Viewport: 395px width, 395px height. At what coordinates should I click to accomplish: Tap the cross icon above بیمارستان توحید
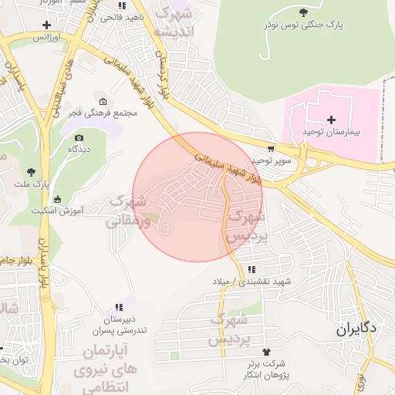(x=332, y=120)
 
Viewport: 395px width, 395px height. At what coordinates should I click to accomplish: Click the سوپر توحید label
(x=272, y=160)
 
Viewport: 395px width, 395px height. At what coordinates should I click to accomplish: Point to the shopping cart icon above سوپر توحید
(x=271, y=149)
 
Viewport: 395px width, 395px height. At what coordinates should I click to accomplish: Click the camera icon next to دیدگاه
(x=79, y=137)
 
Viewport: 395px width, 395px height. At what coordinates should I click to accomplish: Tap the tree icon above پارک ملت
(x=31, y=172)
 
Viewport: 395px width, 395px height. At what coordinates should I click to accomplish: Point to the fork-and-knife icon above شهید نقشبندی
(x=252, y=269)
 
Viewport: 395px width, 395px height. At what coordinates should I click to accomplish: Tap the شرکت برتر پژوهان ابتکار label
(x=267, y=368)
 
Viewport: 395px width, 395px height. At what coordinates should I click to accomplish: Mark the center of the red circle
(x=199, y=197)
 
